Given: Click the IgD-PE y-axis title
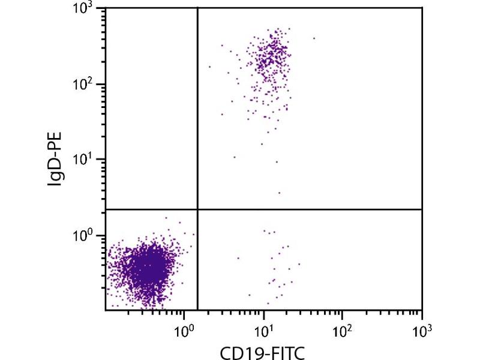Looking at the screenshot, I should (56, 159).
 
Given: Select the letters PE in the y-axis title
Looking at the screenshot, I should (56, 139).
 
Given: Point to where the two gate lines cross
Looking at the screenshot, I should (197, 209).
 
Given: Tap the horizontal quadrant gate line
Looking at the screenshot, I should (312, 209).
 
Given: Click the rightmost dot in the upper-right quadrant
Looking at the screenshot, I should (314, 38).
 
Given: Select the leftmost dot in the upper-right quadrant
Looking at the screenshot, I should (209, 67).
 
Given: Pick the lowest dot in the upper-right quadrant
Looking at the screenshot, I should (279, 193).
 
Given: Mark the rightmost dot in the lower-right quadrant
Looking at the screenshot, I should (299, 263).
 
